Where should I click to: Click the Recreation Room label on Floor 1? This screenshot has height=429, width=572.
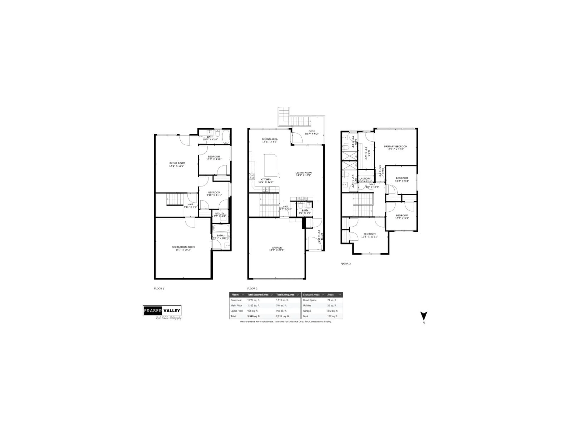pos(183,247)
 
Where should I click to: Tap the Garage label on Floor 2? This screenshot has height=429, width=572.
pos(277,247)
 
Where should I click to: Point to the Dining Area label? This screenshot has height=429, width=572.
pos(270,139)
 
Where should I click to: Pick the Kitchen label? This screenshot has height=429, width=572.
pos(266,179)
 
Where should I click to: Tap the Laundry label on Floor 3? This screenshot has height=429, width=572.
pos(365,178)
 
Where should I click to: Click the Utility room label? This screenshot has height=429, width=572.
pos(220,214)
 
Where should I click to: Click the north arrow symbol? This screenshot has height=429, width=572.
pos(424,316)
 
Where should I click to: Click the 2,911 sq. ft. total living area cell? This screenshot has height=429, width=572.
pos(283,316)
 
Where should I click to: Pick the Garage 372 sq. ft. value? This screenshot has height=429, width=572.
pos(332,311)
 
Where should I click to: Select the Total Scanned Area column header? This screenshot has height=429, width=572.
pos(258,295)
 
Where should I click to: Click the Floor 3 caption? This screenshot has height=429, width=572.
pos(345,264)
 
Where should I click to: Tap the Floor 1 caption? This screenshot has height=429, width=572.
pos(159,289)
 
